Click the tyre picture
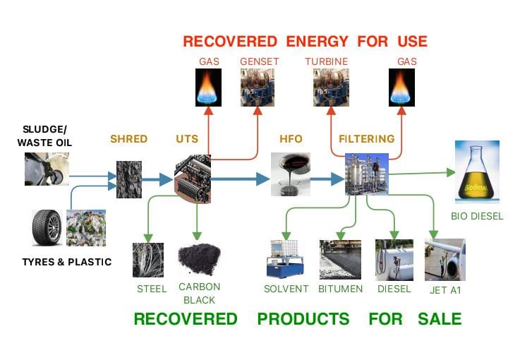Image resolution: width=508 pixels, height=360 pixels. pyautogui.click(x=47, y=227)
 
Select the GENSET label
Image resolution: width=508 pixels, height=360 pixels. pyautogui.click(x=259, y=61)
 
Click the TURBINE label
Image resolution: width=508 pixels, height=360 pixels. pyautogui.click(x=327, y=61)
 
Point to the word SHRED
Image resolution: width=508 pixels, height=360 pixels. pyautogui.click(x=128, y=139)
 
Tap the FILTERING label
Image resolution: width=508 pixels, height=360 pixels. pyautogui.click(x=366, y=139)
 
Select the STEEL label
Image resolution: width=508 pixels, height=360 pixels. pyautogui.click(x=152, y=289)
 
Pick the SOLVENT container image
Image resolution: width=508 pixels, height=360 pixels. pyautogui.click(x=286, y=259)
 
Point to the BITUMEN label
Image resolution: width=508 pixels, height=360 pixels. pyautogui.click(x=340, y=289)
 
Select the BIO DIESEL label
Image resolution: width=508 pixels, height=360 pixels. pyautogui.click(x=477, y=217)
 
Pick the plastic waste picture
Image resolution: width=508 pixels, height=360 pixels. pyautogui.click(x=85, y=228)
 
